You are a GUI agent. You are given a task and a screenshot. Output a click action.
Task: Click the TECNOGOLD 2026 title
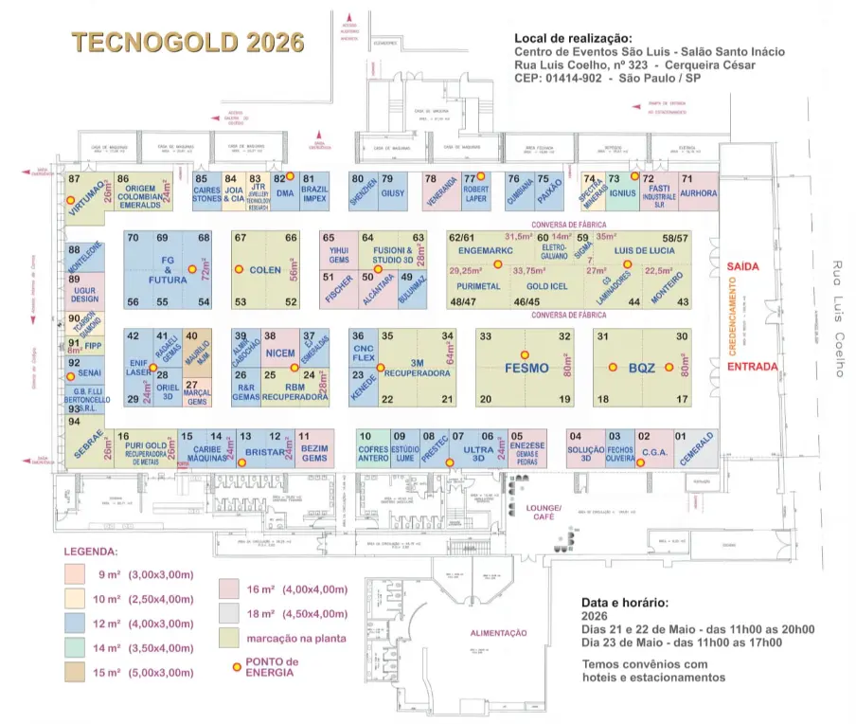coord(188,44)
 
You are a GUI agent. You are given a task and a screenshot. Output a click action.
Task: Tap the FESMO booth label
coord(527,368)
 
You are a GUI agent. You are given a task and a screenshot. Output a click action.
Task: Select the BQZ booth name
coord(642,368)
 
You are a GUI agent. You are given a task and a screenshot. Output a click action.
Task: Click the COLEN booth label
coord(265,270)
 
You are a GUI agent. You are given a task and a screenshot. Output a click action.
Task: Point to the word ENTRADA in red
coord(754,366)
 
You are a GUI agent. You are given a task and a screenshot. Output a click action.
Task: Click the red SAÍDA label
coord(745,268)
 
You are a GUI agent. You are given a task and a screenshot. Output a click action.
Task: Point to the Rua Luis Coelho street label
coord(838,318)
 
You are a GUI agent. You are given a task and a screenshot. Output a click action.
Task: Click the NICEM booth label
coord(281,353)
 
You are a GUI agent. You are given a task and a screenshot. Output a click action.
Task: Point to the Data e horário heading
coord(625,602)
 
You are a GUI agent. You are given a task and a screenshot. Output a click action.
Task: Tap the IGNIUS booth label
coord(621,192)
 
